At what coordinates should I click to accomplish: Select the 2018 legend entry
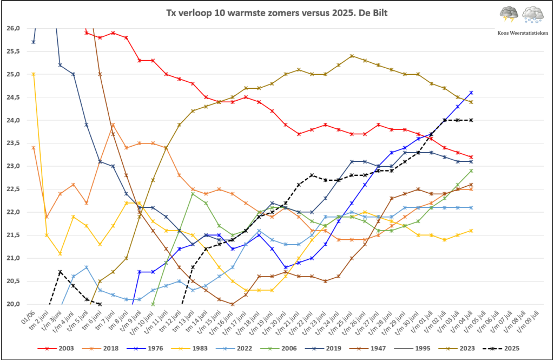pyautogui.click(x=103, y=348)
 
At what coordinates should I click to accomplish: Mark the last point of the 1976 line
pyautogui.click(x=471, y=93)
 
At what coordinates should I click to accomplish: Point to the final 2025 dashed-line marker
pyautogui.click(x=471, y=120)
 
